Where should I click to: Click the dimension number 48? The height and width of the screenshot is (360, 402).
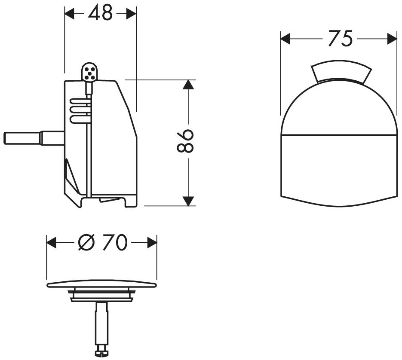pyautogui.click(x=100, y=13)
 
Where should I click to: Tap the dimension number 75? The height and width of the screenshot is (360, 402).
pyautogui.click(x=341, y=39)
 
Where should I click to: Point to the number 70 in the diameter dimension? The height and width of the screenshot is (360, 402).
pyautogui.click(x=115, y=242)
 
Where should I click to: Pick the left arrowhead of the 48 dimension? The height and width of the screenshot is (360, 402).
pyautogui.click(x=69, y=13)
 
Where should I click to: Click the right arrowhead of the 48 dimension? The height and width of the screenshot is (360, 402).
pyautogui.click(x=132, y=13)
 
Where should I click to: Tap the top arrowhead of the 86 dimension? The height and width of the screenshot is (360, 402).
pyautogui.click(x=188, y=85)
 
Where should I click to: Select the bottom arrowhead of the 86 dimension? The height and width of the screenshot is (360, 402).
pyautogui.click(x=188, y=201)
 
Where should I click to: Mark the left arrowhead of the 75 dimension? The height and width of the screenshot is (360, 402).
pyautogui.click(x=285, y=39)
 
